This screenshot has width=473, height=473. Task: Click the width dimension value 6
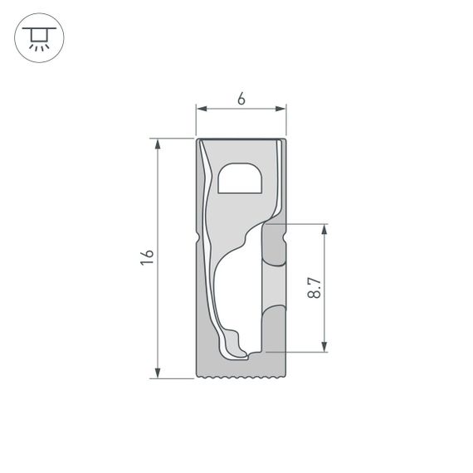coord(241,99)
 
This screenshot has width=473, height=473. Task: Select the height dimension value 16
coord(147,257)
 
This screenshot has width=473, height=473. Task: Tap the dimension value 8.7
coord(314,288)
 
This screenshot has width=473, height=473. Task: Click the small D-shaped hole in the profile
coord(240,178)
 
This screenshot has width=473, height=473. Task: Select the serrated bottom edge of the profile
coord(241,378)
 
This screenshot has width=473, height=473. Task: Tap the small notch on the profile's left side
coord(198,239)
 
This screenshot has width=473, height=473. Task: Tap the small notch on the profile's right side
coord(284,239)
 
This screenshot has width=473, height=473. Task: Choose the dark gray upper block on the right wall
coord(273,245)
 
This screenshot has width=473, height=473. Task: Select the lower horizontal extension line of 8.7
coord(303,352)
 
